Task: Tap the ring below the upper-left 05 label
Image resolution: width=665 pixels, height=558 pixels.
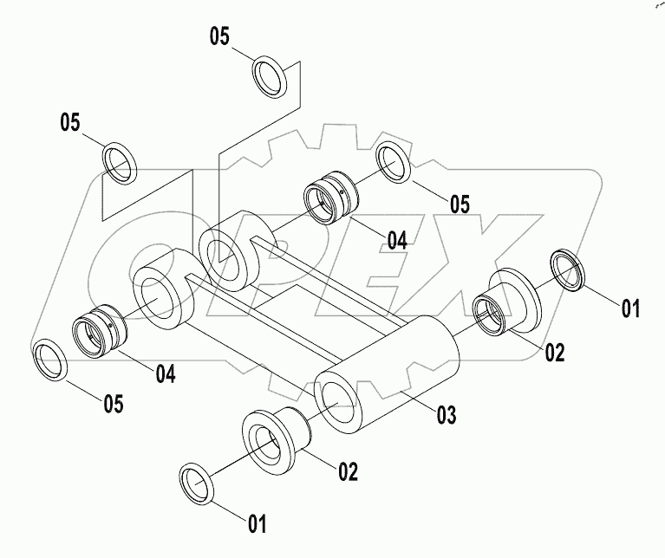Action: tap(120, 163)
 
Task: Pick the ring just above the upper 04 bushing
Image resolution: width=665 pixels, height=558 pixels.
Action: tap(394, 163)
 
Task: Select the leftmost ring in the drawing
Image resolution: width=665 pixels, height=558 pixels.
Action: tap(50, 359)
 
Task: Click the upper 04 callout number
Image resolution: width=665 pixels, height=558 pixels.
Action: tap(396, 240)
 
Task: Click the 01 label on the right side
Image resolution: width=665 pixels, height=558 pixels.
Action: tap(629, 307)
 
